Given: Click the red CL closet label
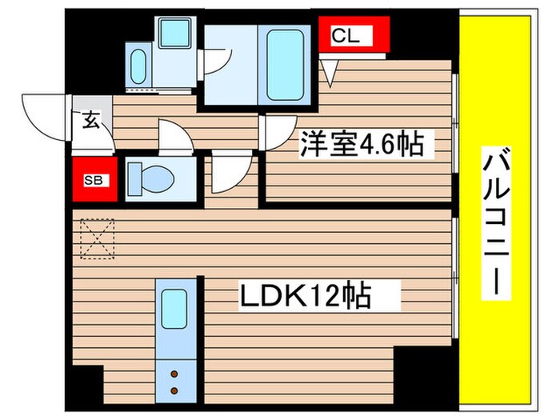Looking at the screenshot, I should tap(352, 36).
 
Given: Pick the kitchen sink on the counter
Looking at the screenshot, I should tap(174, 306).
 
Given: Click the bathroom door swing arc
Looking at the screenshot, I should tap(216, 58).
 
